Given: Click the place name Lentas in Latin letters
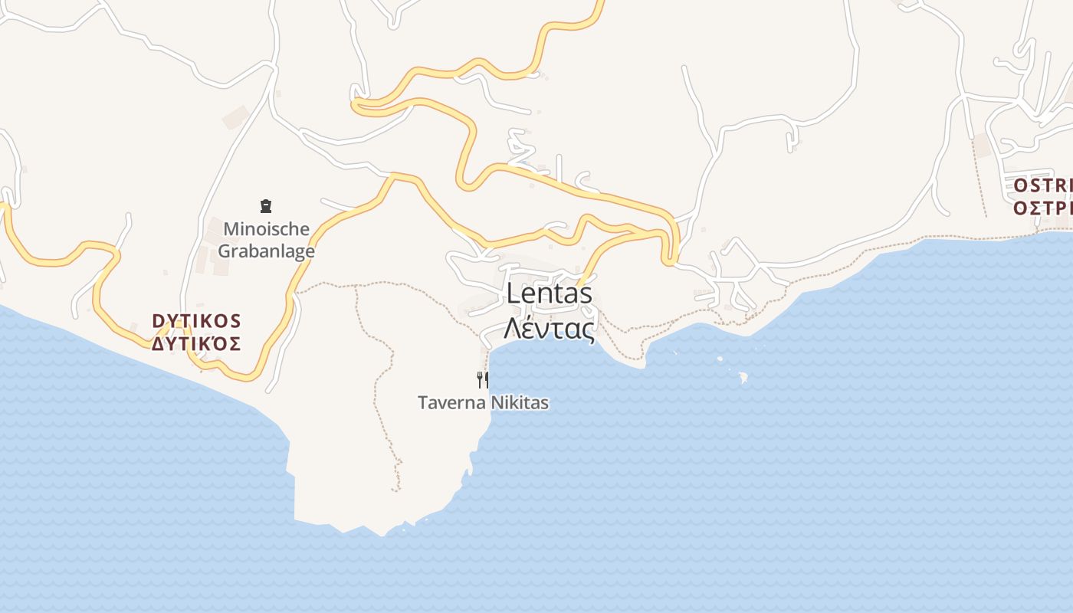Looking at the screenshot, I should click(x=549, y=293).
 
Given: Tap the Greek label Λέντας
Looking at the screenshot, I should click(x=549, y=328).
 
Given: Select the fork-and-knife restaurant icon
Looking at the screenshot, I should click(x=483, y=379).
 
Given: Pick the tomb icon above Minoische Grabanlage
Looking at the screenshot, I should click(x=266, y=205).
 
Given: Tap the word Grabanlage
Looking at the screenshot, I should click(x=267, y=251).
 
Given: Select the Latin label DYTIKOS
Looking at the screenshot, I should click(x=196, y=320).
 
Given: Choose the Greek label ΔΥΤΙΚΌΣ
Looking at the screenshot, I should click(x=196, y=343).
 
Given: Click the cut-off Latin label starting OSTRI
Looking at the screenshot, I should click(x=1042, y=186).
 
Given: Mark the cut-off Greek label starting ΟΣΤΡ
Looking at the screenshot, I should click(x=1042, y=208).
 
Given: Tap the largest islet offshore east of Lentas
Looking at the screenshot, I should click(x=743, y=377).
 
